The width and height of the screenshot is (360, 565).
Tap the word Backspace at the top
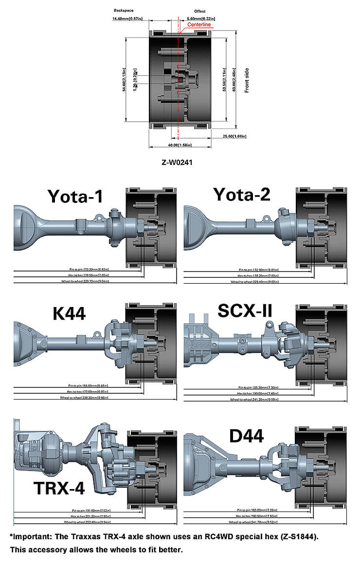click(124, 10)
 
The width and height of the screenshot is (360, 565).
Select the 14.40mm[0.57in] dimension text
click(127, 18)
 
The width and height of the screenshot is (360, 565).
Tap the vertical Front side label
click(247, 80)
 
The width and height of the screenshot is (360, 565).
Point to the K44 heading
click(69, 314)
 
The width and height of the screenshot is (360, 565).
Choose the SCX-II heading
click(245, 310)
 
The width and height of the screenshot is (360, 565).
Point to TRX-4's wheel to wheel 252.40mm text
click(89, 521)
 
